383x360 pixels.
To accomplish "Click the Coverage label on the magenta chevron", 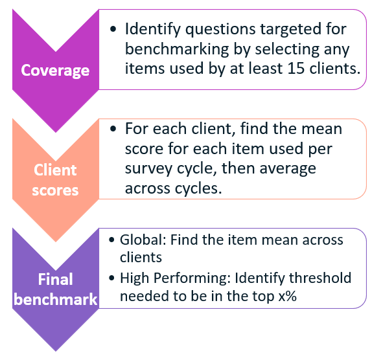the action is [55, 71].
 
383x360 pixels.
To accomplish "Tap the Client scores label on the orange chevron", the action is [55, 180].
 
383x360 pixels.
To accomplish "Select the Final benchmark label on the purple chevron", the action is [56, 289].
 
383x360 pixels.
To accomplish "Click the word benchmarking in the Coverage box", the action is [177, 49].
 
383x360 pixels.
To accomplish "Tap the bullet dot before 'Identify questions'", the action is [113, 29].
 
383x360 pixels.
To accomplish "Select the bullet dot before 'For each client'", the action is [113, 129].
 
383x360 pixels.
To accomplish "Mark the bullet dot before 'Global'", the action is [111, 240].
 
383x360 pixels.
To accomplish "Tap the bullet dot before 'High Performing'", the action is [111, 278].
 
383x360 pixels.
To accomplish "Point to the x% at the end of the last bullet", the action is [288, 297].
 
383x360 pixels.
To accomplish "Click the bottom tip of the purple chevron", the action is [56, 351].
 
